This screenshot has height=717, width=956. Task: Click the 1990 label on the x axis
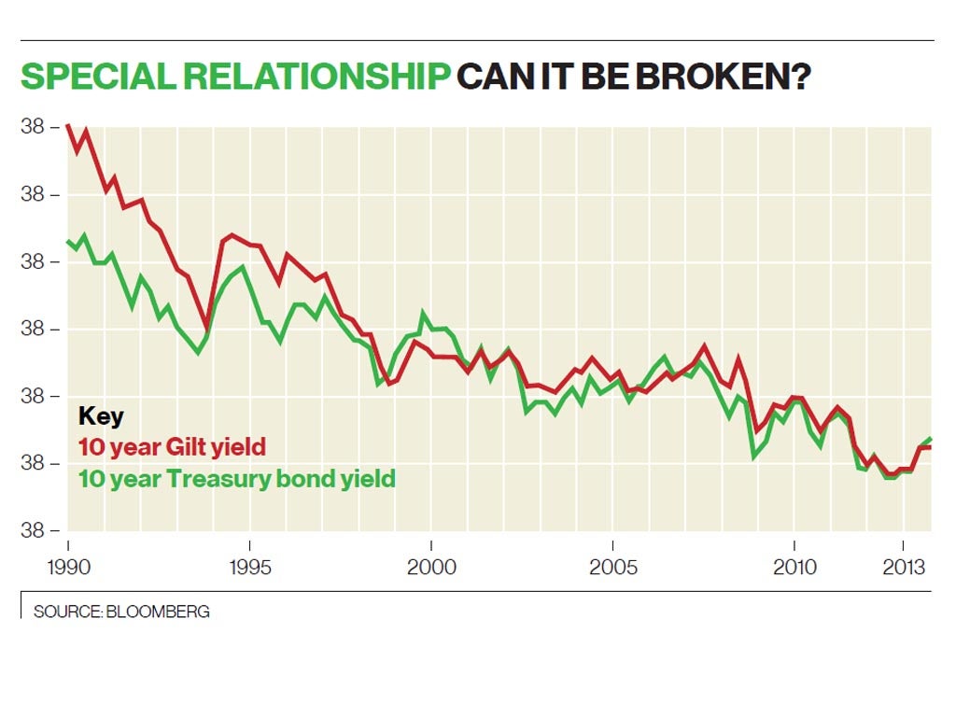point(67,567)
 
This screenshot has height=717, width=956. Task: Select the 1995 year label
point(249,567)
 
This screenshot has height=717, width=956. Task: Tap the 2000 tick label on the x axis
point(431,567)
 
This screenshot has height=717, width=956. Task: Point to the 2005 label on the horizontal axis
point(612,567)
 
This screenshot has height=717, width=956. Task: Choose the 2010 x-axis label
point(794,567)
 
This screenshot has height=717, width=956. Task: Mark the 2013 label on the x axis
point(903,567)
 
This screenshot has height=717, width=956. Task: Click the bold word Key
point(101,416)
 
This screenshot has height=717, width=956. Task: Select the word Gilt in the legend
point(192,447)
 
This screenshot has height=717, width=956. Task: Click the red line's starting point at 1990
point(68,124)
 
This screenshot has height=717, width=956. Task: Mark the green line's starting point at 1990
point(68,242)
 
